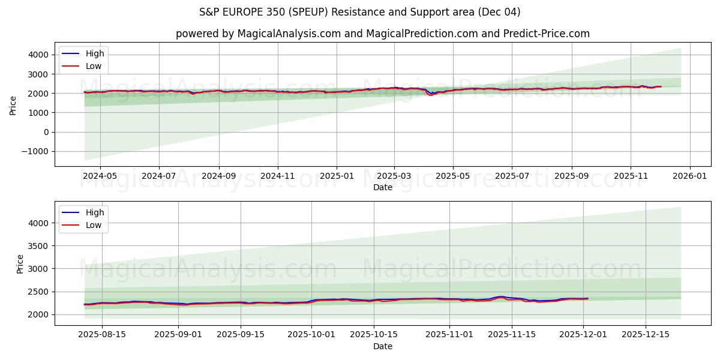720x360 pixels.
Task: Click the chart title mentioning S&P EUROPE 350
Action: [359, 12]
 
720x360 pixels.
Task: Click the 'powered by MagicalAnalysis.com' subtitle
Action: [382, 34]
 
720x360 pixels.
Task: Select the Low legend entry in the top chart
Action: [94, 66]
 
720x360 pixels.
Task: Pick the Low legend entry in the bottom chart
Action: [94, 225]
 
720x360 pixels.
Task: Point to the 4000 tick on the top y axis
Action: [39, 55]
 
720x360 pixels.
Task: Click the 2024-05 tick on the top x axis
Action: [100, 176]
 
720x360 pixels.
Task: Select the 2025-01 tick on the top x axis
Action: [336, 176]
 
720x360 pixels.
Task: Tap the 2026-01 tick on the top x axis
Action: [689, 176]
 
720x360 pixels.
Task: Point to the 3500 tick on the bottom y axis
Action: [39, 246]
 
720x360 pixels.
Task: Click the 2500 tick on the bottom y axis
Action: [39, 292]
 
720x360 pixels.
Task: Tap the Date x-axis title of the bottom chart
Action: [382, 346]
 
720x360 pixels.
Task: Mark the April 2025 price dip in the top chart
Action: [430, 94]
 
